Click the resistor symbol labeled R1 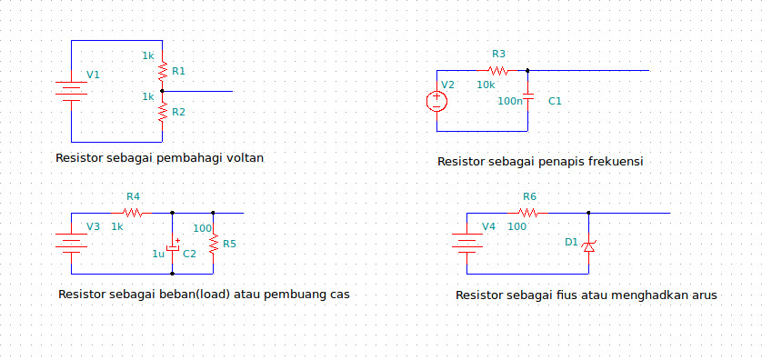click(162, 71)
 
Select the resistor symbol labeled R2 click(162, 112)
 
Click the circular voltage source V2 click(436, 100)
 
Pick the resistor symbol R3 click(497, 70)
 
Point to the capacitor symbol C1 click(528, 100)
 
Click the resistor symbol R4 click(133, 213)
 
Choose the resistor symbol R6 click(529, 213)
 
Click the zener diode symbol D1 click(588, 244)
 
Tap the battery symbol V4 click(467, 243)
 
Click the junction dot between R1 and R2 click(162, 91)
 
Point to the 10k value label click(486, 85)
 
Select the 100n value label click(510, 101)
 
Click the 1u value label click(157, 254)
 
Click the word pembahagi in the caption click(190, 157)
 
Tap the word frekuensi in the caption click(615, 161)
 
